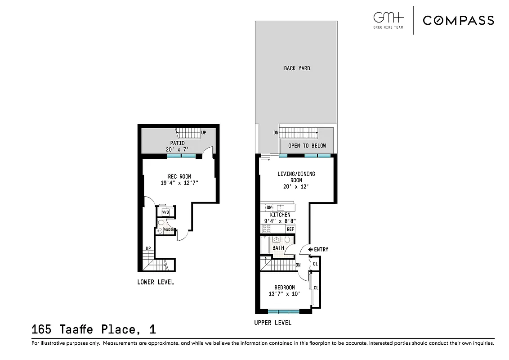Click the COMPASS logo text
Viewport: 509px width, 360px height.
pos(458,20)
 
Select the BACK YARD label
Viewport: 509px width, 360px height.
pos(297,68)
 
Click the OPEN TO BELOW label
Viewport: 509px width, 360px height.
pos(307,146)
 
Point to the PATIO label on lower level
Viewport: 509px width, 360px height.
pos(177,143)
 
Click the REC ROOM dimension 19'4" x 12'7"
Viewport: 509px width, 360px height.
pos(179,183)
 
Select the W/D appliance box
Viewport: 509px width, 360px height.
pos(165,212)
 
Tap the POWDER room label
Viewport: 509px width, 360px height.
pos(169,230)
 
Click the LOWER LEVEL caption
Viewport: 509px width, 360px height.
pos(156,282)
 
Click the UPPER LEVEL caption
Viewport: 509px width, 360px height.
pos(272,323)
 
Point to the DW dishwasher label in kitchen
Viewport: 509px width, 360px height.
pos(269,207)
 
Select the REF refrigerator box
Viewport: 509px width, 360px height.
pos(290,229)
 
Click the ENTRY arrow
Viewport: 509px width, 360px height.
pos(310,249)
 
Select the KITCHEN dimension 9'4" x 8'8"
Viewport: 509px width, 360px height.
pos(280,221)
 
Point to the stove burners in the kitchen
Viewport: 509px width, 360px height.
pos(266,228)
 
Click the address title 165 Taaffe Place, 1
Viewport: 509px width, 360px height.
pos(94,329)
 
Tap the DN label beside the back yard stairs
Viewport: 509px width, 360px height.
pos(276,133)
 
